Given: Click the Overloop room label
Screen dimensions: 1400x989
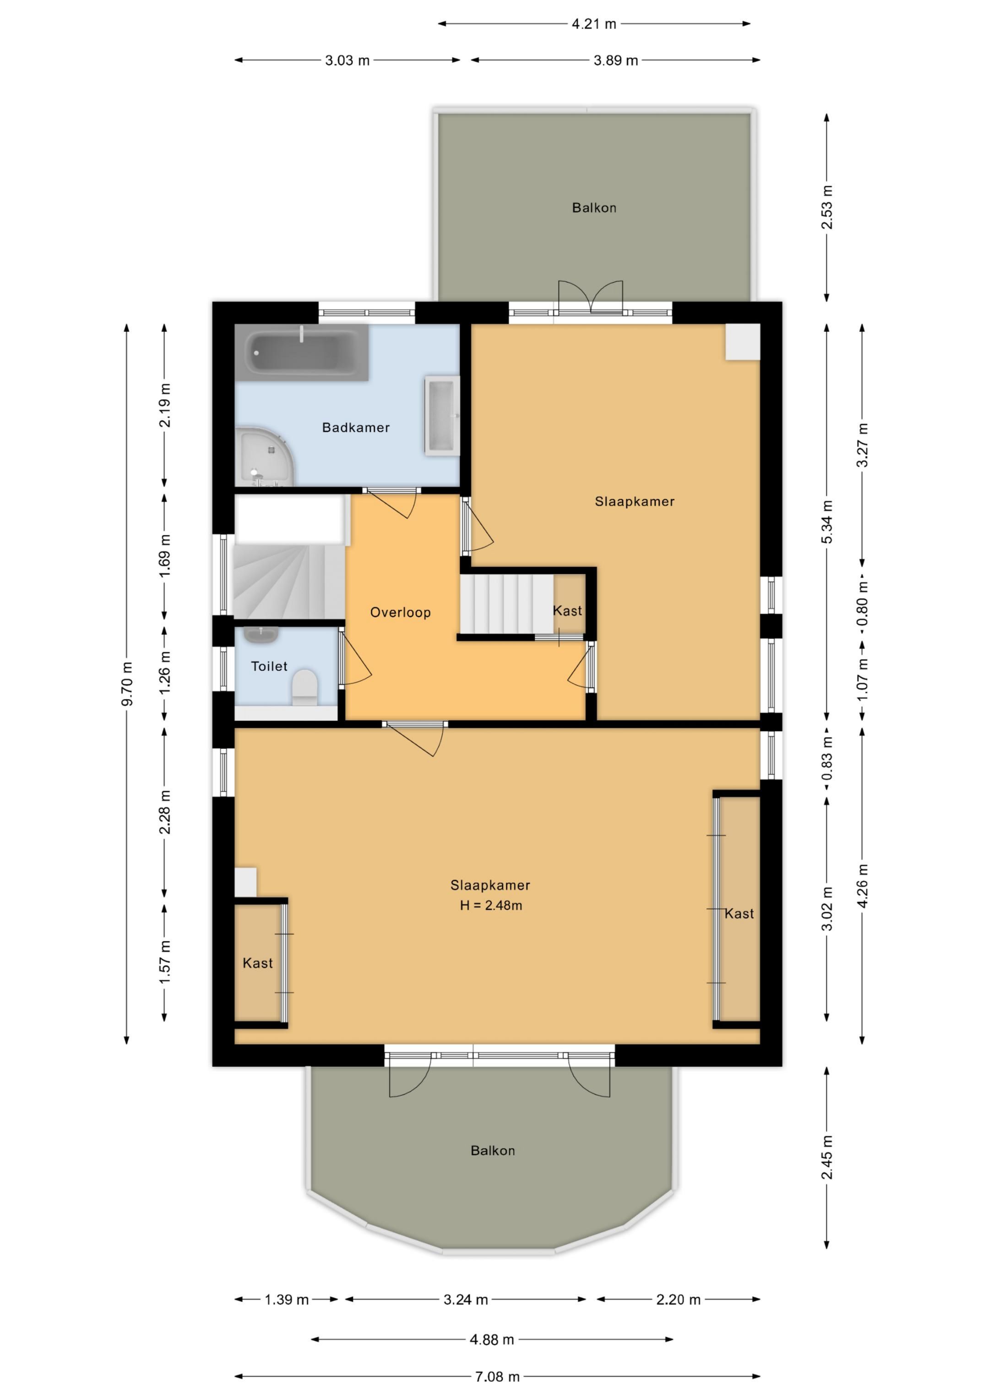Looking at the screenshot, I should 400,612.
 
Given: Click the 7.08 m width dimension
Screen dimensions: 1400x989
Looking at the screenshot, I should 497,1376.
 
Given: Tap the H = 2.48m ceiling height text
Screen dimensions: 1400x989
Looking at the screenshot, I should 490,906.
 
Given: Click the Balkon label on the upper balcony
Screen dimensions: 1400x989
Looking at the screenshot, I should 594,208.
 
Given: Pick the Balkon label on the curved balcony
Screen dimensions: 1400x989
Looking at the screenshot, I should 492,1151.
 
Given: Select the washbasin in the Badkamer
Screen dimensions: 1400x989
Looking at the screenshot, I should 442,416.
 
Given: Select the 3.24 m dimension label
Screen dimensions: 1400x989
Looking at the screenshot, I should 466,1299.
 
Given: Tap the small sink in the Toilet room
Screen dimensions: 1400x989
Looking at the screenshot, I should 261,635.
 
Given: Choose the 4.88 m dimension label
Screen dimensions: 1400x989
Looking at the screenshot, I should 492,1340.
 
